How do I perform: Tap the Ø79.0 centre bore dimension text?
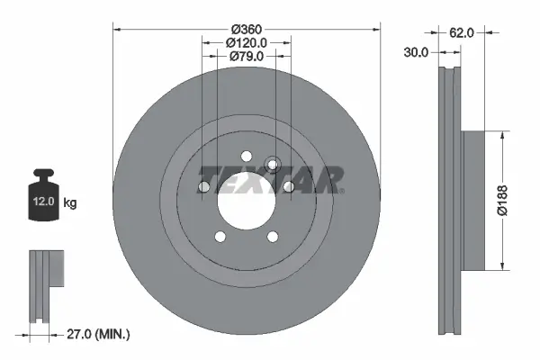click(x=247, y=57)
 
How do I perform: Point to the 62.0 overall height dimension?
click(x=462, y=32)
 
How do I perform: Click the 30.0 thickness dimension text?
click(x=416, y=53)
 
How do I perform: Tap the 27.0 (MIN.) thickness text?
click(x=100, y=335)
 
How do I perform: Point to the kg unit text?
click(x=70, y=203)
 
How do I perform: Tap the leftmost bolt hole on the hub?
click(x=203, y=187)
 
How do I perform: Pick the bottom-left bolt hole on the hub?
click(x=220, y=238)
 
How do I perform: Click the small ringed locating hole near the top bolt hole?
click(x=274, y=164)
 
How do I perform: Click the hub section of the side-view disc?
click(x=473, y=199)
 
